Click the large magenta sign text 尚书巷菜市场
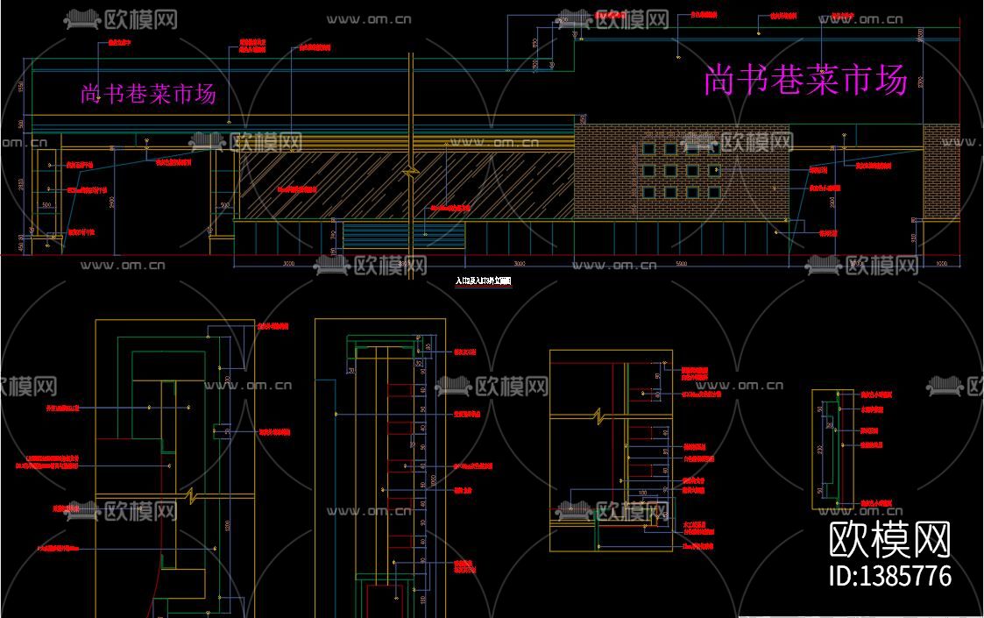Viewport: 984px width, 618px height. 804,81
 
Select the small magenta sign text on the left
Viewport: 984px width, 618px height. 148,94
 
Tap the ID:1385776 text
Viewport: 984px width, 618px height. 889,576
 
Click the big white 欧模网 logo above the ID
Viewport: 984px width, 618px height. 889,538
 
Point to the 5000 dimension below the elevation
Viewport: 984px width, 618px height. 682,263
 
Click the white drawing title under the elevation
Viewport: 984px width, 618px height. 482,281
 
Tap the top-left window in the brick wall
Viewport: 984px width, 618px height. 649,150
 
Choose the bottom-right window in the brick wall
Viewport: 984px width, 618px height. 714,192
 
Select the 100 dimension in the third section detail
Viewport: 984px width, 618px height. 642,494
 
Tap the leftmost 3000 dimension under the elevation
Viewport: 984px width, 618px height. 282,263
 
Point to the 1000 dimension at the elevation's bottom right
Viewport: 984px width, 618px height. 941,263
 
